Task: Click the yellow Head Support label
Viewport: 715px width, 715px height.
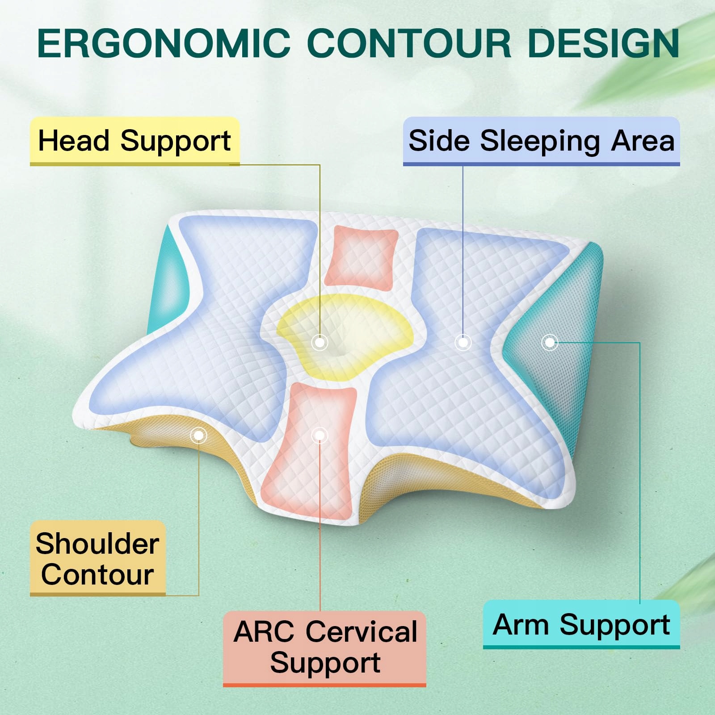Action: coord(135,142)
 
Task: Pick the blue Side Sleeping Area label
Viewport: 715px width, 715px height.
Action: coord(542,142)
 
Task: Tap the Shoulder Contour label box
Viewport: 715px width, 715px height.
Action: coord(98,559)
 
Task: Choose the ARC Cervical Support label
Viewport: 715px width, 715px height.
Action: coord(324,649)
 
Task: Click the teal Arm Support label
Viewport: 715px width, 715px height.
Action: coord(581,624)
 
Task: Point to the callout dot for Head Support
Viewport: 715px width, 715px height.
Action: coord(320,343)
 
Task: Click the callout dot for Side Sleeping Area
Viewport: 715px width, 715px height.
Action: coord(463,343)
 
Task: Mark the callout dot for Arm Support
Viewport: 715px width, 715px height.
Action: coord(550,343)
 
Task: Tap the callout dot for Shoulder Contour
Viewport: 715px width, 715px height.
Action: coord(198,435)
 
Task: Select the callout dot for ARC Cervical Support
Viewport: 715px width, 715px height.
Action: coord(320,435)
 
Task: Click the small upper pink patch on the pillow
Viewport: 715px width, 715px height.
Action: coord(361,257)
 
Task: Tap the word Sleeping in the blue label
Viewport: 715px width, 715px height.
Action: coord(542,142)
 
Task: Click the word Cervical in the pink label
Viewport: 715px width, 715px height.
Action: coord(362,632)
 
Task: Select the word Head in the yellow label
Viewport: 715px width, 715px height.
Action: coord(74,141)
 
